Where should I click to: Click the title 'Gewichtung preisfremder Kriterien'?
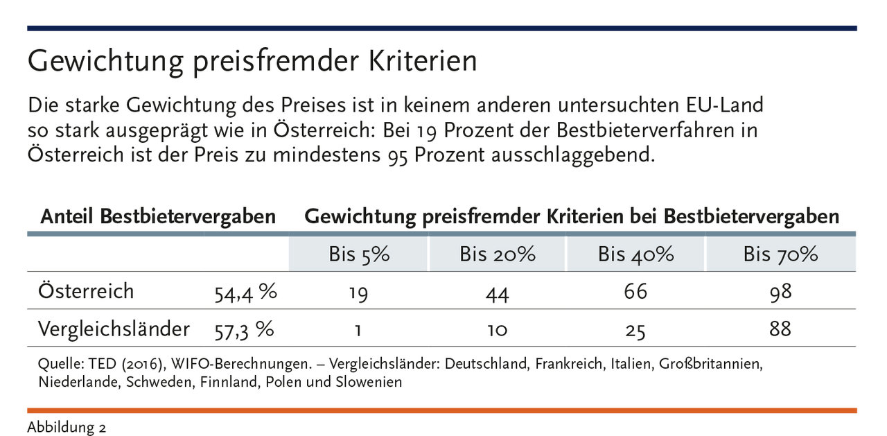(x=252, y=62)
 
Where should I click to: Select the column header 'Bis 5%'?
(x=359, y=254)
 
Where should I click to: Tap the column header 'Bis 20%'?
(x=497, y=254)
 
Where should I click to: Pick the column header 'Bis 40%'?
(x=635, y=254)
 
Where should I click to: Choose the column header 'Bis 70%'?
(x=780, y=254)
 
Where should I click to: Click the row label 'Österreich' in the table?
(x=87, y=291)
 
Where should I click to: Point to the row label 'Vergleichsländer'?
(x=114, y=329)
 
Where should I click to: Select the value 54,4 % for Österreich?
(x=245, y=293)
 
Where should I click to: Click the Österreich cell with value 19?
(x=358, y=293)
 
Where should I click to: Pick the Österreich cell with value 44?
(x=497, y=294)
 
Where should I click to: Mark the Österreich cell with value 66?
(x=635, y=292)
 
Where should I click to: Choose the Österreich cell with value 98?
(x=780, y=292)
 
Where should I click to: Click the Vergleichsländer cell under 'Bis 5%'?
(x=358, y=330)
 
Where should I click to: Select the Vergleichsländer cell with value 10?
(x=497, y=330)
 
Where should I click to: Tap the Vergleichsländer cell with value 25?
(x=635, y=331)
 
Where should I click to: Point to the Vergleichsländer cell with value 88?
(x=780, y=329)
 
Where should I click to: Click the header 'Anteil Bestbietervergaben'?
(x=158, y=217)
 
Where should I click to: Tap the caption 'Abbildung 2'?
(x=67, y=427)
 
